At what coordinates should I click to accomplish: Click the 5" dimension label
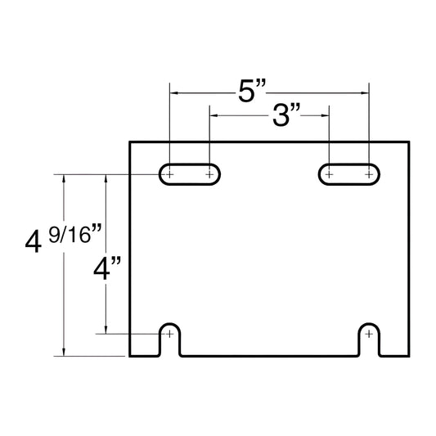252,90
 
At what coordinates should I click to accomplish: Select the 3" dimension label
286,115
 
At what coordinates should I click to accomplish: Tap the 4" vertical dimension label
107,268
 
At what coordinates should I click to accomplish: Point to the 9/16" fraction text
75,234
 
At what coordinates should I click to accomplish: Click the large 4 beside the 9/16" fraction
34,242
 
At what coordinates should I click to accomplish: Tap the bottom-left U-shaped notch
169,324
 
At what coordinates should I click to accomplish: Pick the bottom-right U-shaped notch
369,324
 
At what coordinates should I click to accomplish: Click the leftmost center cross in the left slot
169,174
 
